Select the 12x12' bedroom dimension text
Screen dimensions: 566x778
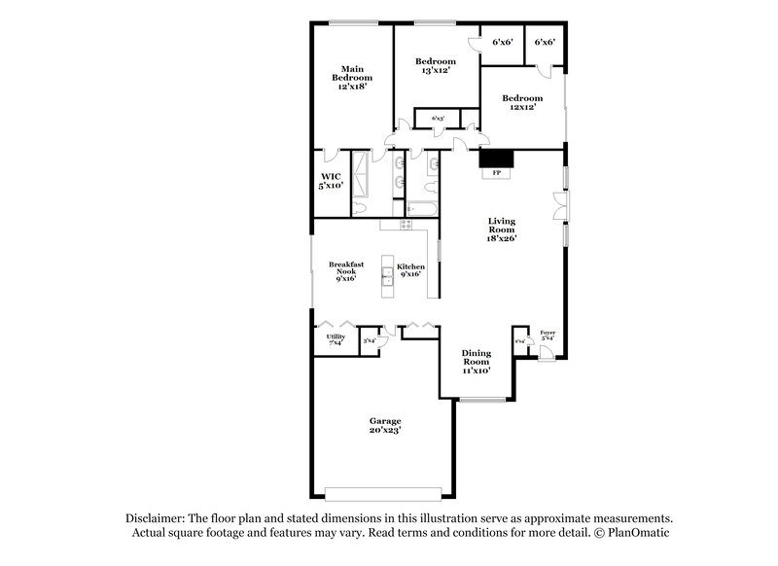(522, 108)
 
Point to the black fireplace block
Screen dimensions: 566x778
(496, 159)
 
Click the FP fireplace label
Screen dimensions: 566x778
(496, 173)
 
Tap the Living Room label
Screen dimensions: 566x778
(502, 225)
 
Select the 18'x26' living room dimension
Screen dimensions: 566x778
(502, 238)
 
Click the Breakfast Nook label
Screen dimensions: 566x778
(345, 267)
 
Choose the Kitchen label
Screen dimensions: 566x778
(410, 266)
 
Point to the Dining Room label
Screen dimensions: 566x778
(476, 357)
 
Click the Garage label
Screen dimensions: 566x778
(385, 420)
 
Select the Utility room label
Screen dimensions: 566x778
(336, 336)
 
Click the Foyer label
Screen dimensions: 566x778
(548, 333)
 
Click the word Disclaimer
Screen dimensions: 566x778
(154, 518)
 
